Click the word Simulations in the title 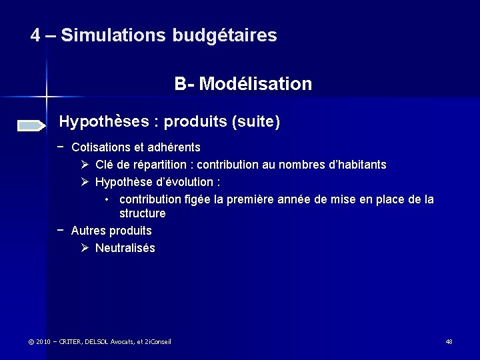pos(113,35)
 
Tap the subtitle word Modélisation pos(255,84)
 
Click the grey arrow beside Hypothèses pos(31,125)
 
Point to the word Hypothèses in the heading pos(104,122)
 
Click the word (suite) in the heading pos(255,122)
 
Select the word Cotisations pos(101,147)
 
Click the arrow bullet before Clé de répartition pos(85,164)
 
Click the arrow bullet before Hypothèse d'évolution pos(85,182)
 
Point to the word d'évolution pos(189,182)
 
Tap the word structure pos(142,213)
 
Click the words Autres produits pos(111,231)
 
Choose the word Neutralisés pos(125,248)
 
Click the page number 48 pos(449,342)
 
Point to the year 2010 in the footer pos(44,342)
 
